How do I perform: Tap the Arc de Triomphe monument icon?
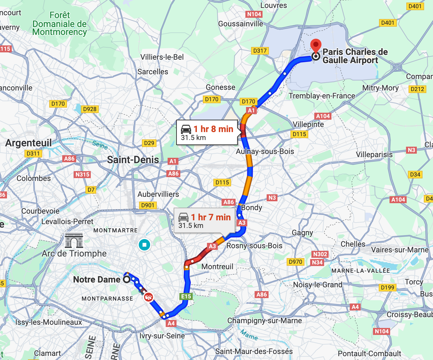click(x=74, y=240)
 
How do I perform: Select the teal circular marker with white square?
click(x=144, y=245)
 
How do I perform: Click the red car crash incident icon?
click(x=148, y=297)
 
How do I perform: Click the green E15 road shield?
click(x=186, y=297)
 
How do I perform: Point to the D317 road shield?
click(x=260, y=51)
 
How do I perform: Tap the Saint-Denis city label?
click(x=133, y=160)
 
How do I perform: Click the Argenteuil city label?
click(x=29, y=143)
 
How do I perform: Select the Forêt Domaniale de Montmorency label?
click(x=59, y=24)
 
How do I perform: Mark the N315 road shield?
click(x=83, y=174)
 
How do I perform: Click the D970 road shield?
click(x=295, y=262)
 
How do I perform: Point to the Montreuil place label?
click(x=217, y=267)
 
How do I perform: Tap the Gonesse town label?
click(x=221, y=87)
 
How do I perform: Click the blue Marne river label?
click(x=249, y=335)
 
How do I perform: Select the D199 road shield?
click(x=387, y=287)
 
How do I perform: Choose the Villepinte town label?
click(x=308, y=124)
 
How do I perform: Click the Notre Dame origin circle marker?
click(x=127, y=279)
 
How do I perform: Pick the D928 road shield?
click(x=90, y=109)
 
